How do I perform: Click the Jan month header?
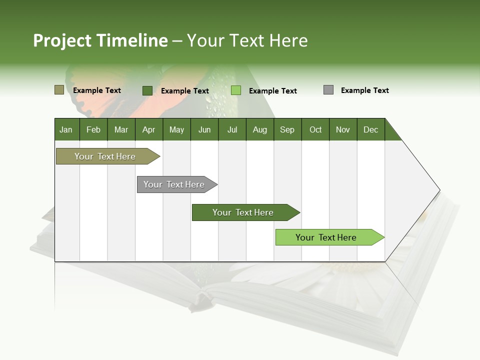(x=66, y=129)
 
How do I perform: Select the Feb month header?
(x=93, y=129)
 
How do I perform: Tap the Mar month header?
(x=121, y=129)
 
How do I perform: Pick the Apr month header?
(x=149, y=129)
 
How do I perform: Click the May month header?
(x=176, y=129)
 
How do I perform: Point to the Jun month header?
(x=204, y=129)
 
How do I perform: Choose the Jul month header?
(x=232, y=129)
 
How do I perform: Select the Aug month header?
(x=260, y=129)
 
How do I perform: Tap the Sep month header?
(x=287, y=129)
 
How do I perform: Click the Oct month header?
(x=315, y=129)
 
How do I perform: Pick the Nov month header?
(x=343, y=129)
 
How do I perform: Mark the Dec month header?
(x=371, y=129)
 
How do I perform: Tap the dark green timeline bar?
(x=243, y=212)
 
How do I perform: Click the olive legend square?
(x=59, y=90)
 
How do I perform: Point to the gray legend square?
(x=328, y=90)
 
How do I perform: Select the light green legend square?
(x=236, y=90)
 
